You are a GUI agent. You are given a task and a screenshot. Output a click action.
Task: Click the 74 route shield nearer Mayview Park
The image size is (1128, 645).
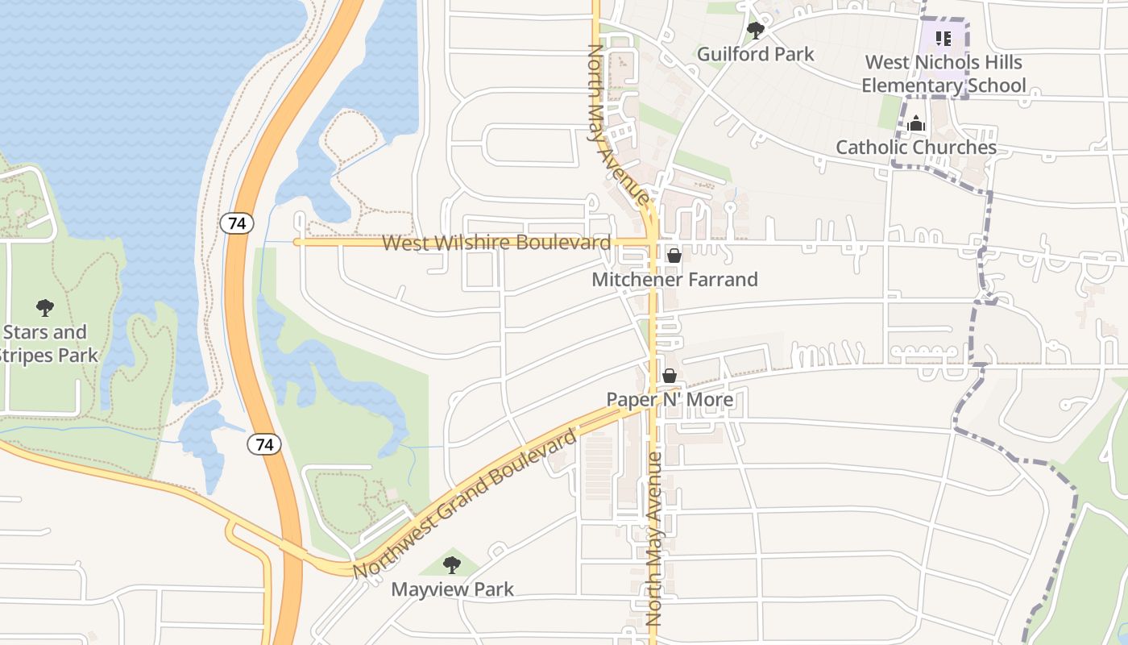click(264, 444)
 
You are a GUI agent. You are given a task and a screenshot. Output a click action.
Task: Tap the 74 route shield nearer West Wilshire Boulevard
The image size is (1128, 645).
click(237, 223)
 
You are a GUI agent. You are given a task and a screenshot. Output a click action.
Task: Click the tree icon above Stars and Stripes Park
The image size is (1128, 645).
click(45, 307)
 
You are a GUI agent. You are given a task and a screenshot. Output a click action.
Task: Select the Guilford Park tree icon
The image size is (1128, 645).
click(755, 31)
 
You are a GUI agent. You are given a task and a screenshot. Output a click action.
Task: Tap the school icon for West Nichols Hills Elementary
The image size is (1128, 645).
click(943, 38)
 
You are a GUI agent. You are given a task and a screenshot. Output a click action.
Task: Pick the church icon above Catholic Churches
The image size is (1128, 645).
click(916, 124)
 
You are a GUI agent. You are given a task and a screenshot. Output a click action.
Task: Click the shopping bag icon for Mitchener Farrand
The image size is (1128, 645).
click(674, 256)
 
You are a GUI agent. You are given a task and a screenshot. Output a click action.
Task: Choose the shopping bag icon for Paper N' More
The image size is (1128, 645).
click(669, 376)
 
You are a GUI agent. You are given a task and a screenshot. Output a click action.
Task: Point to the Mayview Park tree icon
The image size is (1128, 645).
click(452, 564)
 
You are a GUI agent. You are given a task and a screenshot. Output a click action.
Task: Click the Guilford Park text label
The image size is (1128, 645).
click(756, 54)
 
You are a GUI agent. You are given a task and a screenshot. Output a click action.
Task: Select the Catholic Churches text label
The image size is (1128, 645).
click(916, 148)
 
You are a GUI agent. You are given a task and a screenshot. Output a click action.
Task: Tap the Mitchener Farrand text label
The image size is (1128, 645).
click(674, 280)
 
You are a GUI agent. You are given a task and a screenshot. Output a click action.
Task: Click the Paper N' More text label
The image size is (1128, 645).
click(670, 400)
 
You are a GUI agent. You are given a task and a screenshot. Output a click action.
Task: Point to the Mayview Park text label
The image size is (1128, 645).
click(452, 589)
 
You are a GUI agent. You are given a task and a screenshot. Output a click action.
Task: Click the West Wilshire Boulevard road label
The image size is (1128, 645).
click(496, 243)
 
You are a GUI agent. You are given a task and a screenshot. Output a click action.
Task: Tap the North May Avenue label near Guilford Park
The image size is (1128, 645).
click(617, 125)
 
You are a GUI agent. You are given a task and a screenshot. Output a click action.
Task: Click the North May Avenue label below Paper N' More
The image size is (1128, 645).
click(653, 539)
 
